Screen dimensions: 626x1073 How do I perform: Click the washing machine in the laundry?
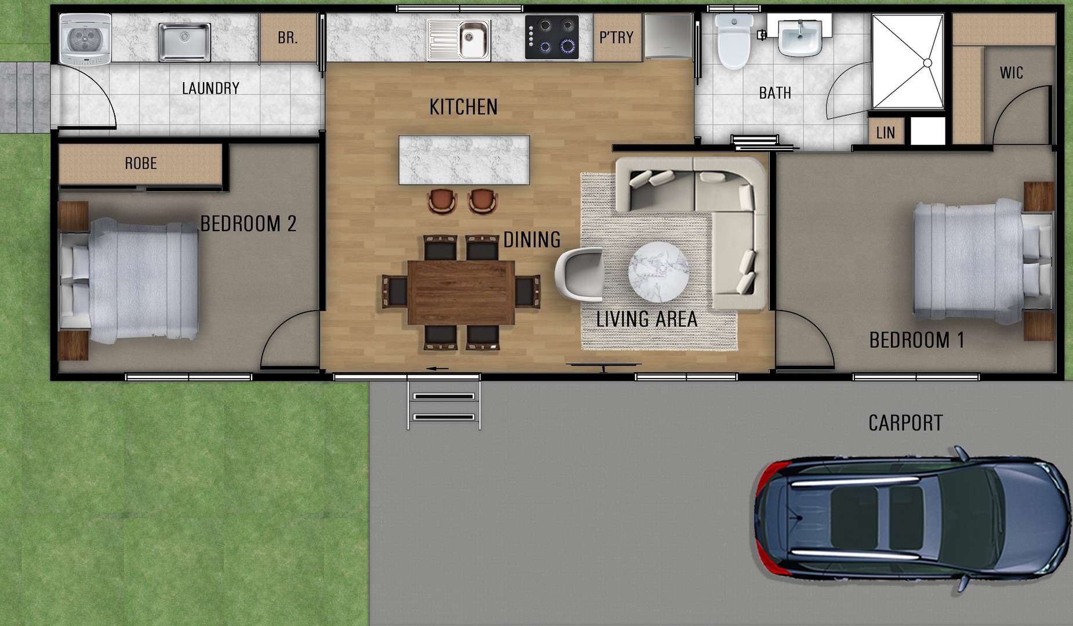(x=85, y=39)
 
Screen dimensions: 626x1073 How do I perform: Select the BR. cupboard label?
(x=288, y=38)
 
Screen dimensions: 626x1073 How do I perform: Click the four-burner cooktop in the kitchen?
(x=552, y=37)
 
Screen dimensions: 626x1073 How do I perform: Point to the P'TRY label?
(x=616, y=38)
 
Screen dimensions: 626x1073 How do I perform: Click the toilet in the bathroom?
(x=733, y=41)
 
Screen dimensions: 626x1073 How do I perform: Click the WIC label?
(x=1012, y=73)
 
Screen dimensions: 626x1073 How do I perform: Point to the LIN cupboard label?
(x=885, y=133)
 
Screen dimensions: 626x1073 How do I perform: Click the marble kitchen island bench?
(x=464, y=160)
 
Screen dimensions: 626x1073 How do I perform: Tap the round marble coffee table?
(x=659, y=272)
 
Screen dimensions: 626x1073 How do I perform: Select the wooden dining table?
(x=461, y=292)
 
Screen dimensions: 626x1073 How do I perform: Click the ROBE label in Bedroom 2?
(x=141, y=163)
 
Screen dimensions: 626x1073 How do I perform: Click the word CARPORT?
(x=905, y=423)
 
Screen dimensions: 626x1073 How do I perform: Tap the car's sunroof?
(x=853, y=518)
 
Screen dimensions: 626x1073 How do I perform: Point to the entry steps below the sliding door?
(x=444, y=406)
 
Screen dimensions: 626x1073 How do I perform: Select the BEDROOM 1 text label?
(x=916, y=340)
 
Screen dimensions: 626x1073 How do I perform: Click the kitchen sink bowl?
(x=474, y=39)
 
